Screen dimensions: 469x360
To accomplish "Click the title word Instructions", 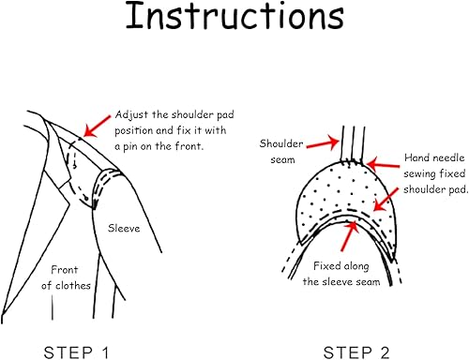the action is [234, 16].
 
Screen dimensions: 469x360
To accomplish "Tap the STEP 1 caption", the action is [76, 352].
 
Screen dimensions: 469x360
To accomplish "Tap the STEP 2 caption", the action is [356, 352].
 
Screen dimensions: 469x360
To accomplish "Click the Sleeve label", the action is [124, 228].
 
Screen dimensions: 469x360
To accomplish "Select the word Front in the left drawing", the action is [65, 270].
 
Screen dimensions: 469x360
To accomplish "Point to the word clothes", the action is [73, 286].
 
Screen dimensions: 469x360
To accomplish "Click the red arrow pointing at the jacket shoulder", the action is [98, 126].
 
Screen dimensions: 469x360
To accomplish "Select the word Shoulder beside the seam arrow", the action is [281, 143].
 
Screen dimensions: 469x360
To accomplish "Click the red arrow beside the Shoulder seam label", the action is [323, 143].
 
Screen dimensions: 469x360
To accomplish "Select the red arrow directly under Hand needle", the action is [383, 165].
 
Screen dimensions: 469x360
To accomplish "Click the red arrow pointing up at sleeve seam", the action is [348, 236].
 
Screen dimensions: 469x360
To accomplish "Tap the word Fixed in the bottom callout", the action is [327, 266].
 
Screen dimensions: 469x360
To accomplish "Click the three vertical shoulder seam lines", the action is [354, 143].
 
